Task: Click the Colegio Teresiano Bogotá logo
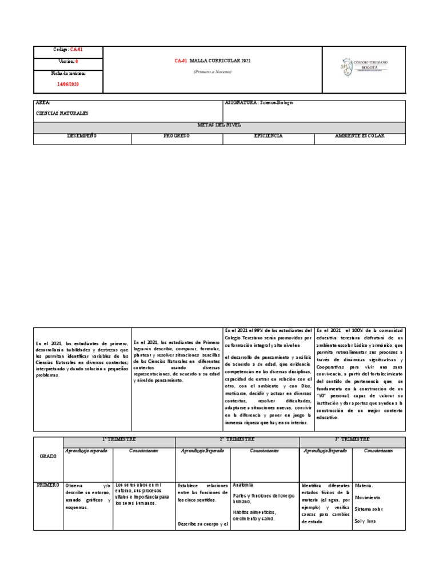pyautogui.click(x=363, y=67)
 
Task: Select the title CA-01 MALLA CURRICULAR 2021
pyautogui.click(x=212, y=60)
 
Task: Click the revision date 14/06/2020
pyautogui.click(x=68, y=84)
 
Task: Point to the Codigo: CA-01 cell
pyautogui.click(x=68, y=50)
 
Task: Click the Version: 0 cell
pyautogui.click(x=68, y=61)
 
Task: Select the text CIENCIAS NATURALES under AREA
pyautogui.click(x=62, y=114)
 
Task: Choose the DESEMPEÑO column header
pyautogui.click(x=82, y=136)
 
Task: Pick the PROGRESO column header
pyautogui.click(x=177, y=136)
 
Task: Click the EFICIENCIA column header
pyautogui.click(x=268, y=136)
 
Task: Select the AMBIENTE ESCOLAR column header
pyautogui.click(x=360, y=136)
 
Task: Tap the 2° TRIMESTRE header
pyautogui.click(x=237, y=439)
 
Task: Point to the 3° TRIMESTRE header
pyautogui.click(x=352, y=439)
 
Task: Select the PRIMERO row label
pyautogui.click(x=47, y=485)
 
